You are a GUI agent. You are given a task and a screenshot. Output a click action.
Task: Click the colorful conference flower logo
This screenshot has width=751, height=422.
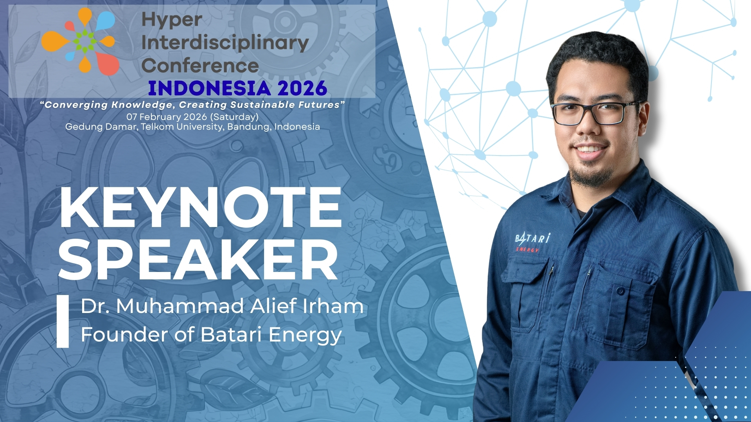click(x=81, y=41)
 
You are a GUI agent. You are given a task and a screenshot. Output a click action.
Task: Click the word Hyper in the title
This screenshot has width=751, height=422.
click(x=172, y=20)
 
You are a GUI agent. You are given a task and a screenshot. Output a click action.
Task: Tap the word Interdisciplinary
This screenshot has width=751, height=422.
click(x=225, y=43)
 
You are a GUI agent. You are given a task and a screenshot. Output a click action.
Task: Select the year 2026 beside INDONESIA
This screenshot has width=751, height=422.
click(x=302, y=88)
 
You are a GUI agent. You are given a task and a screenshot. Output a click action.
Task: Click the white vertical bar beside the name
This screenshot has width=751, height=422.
click(x=63, y=321)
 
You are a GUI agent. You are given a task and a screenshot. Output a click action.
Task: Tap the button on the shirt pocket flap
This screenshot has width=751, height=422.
click(x=620, y=291)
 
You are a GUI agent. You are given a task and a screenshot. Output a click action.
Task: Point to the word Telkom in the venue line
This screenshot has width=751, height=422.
click(x=157, y=127)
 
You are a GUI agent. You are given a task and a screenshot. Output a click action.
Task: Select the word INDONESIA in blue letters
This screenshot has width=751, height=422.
click(x=210, y=88)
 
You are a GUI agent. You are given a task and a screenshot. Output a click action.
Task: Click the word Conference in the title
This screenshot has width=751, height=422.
click(x=200, y=66)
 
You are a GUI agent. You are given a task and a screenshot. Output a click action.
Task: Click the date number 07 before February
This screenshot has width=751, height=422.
click(x=132, y=117)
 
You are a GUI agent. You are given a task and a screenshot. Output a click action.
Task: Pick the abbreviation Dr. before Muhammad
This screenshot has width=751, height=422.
click(x=95, y=306)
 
